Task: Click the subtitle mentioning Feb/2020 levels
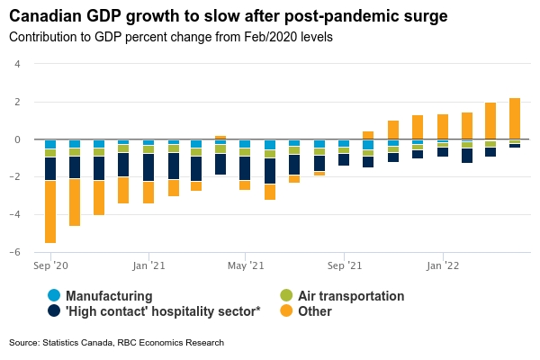(x=170, y=38)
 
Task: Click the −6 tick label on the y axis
(x=15, y=253)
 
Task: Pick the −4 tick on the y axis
(x=15, y=215)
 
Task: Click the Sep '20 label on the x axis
(x=50, y=266)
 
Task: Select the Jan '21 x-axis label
(x=148, y=266)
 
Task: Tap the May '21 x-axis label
(x=245, y=266)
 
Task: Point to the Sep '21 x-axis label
(x=343, y=266)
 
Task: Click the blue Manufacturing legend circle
(x=54, y=295)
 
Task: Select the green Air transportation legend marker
(x=286, y=295)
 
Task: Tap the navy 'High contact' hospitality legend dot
(x=54, y=311)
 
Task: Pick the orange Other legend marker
(x=286, y=311)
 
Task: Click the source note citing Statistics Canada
(x=116, y=343)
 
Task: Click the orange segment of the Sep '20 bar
(x=50, y=211)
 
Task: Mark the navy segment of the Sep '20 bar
(x=50, y=168)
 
